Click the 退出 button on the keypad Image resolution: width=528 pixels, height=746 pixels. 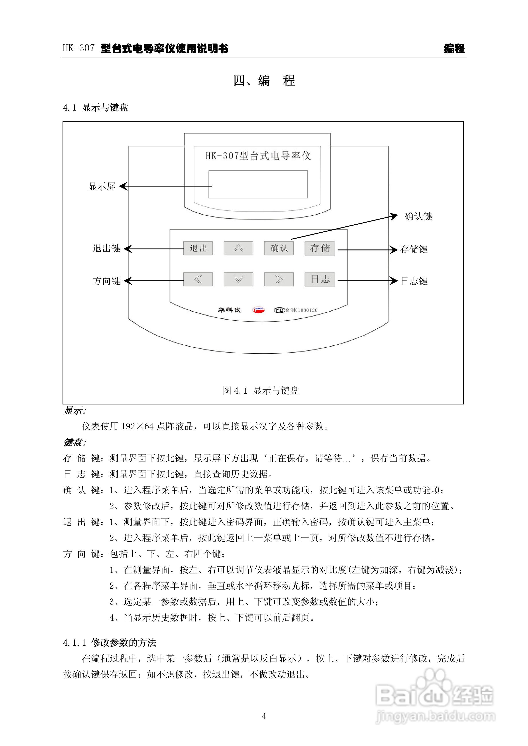click(x=198, y=248)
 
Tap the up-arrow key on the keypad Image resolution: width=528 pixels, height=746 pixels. click(x=238, y=248)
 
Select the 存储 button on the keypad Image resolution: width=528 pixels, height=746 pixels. click(x=320, y=249)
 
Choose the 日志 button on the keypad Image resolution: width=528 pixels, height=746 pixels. click(x=320, y=280)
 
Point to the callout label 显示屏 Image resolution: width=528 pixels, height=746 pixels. click(x=102, y=186)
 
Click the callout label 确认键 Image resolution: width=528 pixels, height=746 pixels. click(x=418, y=216)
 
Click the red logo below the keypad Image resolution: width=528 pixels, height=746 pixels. click(x=259, y=310)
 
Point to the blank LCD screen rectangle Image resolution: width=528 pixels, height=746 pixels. click(x=258, y=184)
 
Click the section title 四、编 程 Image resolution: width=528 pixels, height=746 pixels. click(x=264, y=81)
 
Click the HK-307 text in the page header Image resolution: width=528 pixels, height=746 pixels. click(x=79, y=49)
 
